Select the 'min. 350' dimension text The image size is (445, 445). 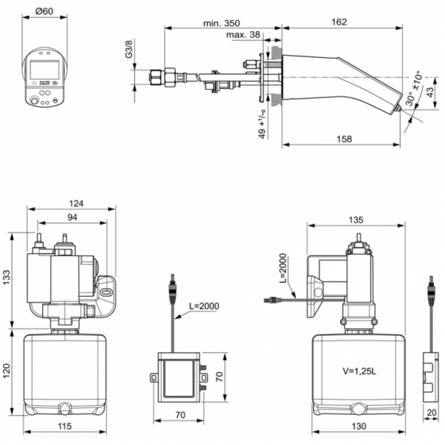coord(221,23)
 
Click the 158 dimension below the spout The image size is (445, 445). coord(342,139)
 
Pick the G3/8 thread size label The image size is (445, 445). coord(128,50)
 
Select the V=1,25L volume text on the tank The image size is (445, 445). coord(360,368)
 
